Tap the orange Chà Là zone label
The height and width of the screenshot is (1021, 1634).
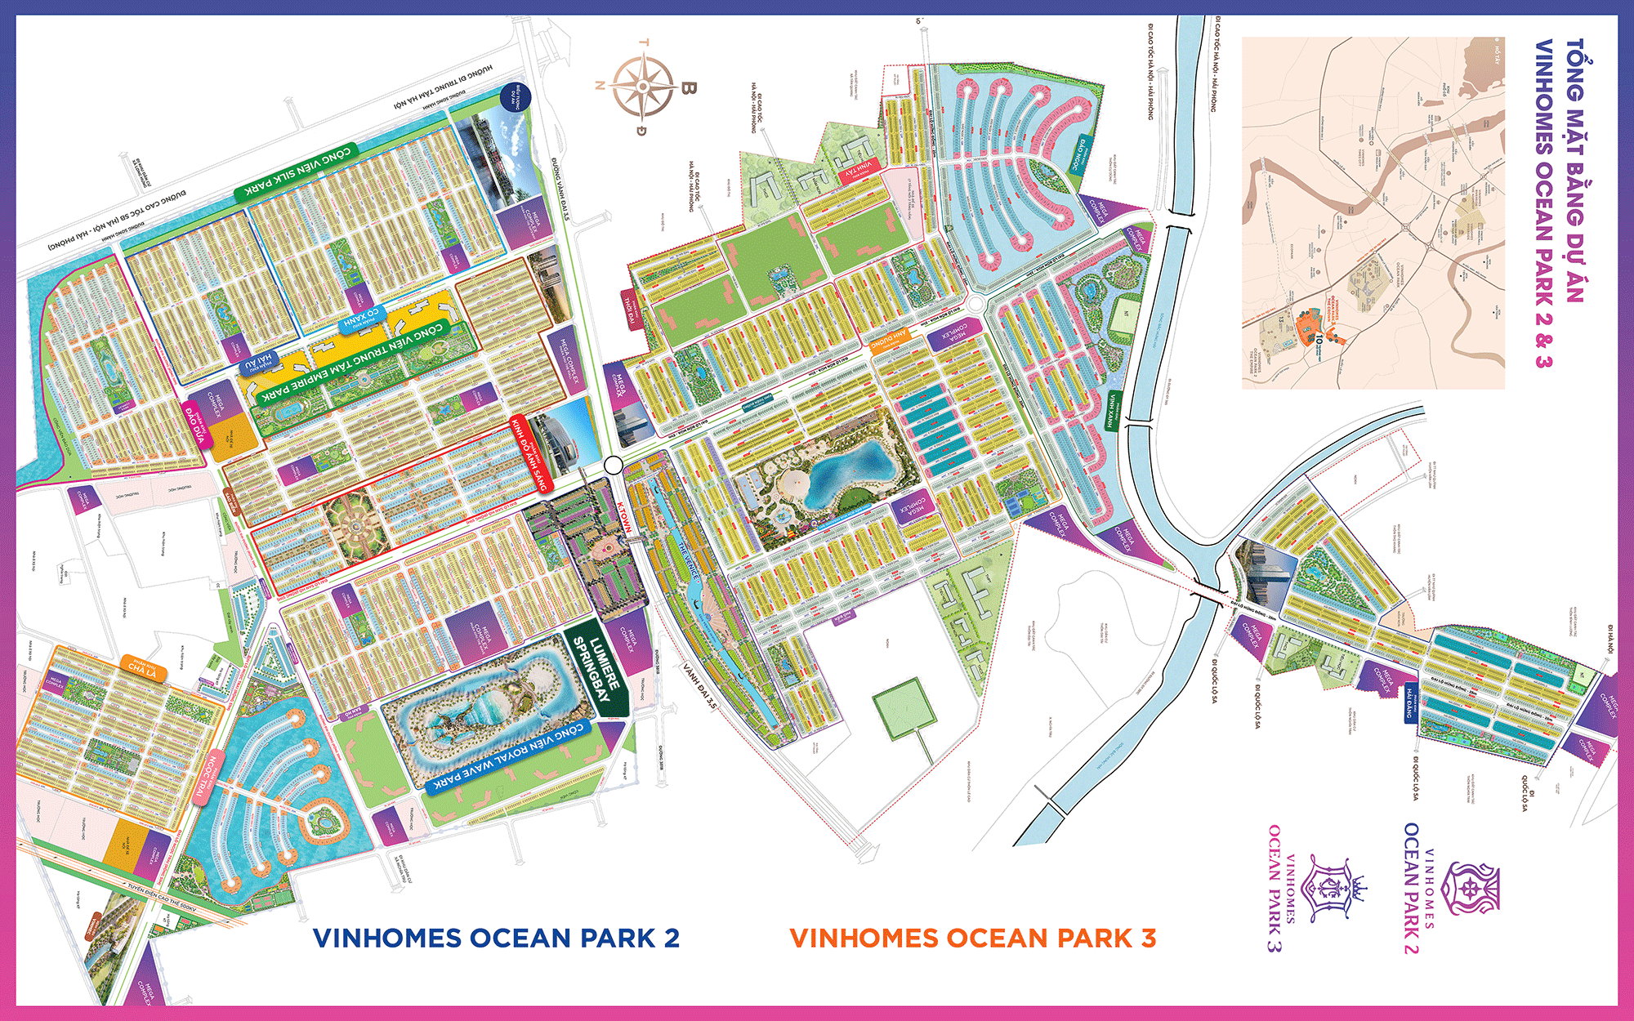142,668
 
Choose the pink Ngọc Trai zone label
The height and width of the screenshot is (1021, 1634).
209,778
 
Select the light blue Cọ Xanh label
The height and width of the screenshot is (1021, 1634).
361,319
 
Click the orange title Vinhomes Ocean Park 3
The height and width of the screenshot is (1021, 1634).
972,938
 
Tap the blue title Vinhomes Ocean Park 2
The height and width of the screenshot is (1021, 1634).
496,938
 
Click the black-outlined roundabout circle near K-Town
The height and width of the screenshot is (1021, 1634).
614,466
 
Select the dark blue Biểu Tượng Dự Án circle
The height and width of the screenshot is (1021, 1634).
516,96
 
